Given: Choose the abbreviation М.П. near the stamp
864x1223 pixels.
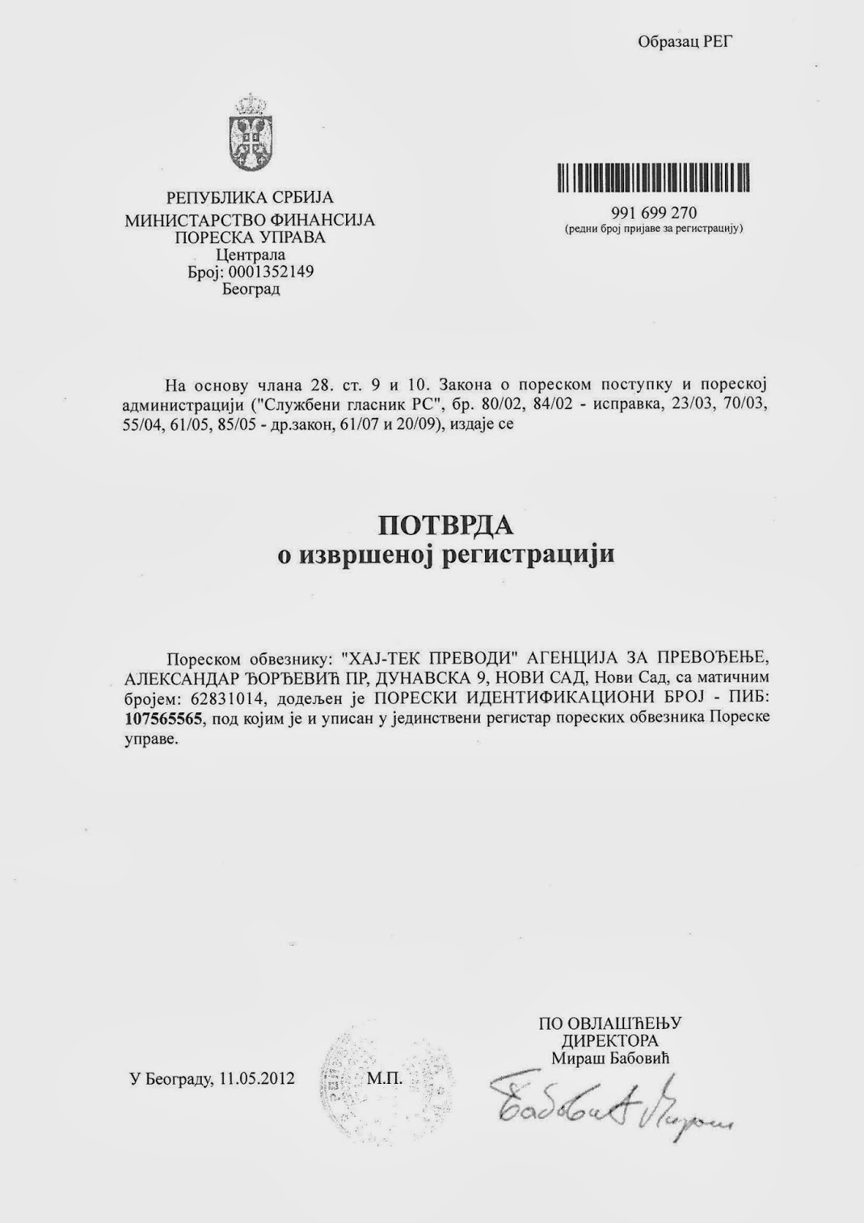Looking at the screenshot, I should [x=384, y=1079].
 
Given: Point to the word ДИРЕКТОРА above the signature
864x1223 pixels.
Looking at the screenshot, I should [x=610, y=1041].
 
